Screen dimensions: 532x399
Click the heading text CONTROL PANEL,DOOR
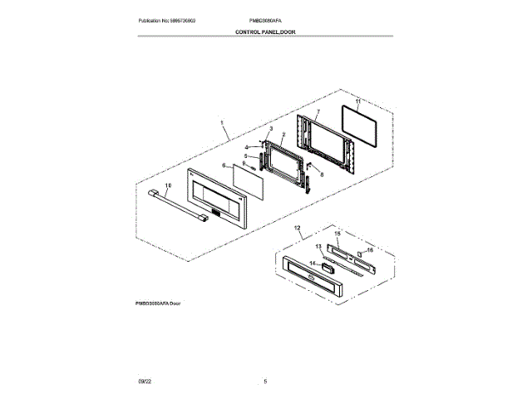click(265, 32)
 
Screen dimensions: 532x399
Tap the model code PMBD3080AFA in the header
click(265, 20)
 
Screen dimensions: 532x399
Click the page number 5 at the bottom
click(265, 381)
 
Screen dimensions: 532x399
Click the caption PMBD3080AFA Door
click(157, 304)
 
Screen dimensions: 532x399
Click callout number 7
click(318, 111)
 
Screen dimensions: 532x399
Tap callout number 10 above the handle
click(167, 185)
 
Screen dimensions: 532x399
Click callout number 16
click(370, 249)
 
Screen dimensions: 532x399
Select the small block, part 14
click(328, 268)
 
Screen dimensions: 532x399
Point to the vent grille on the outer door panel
click(214, 214)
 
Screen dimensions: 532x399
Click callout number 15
click(337, 234)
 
